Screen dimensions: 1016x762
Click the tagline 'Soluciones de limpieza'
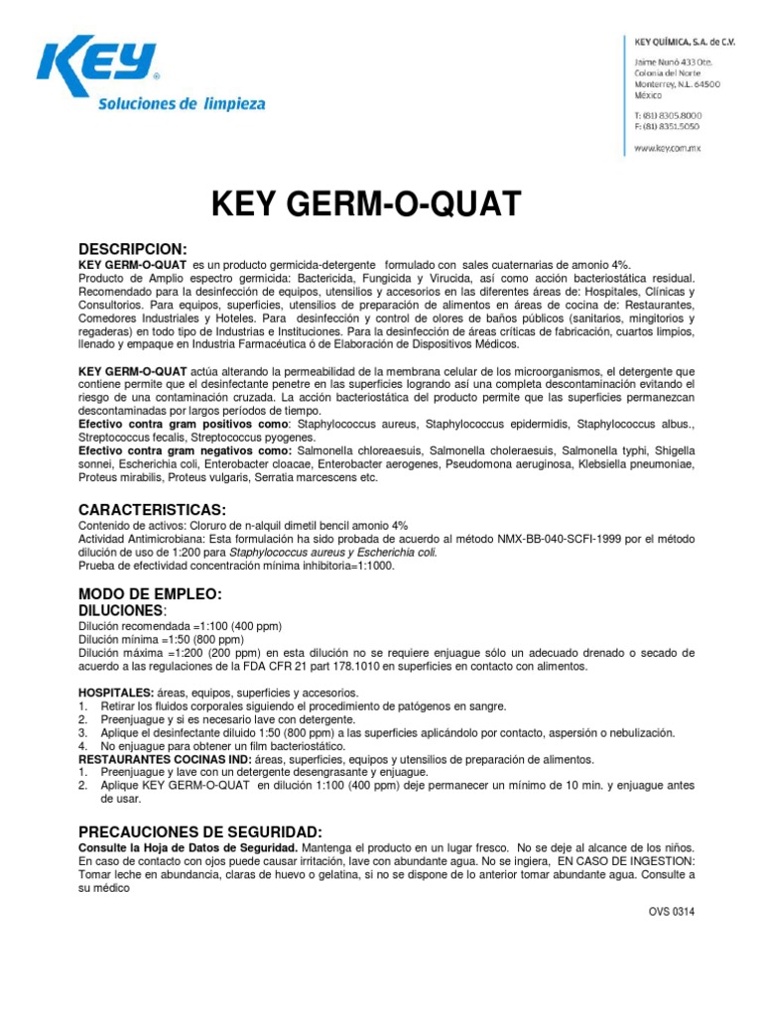point(182,103)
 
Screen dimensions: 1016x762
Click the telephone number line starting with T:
point(670,115)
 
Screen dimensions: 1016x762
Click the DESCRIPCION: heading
point(133,248)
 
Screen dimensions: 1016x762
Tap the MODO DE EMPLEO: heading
point(150,593)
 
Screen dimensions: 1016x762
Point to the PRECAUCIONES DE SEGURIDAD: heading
point(199,830)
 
